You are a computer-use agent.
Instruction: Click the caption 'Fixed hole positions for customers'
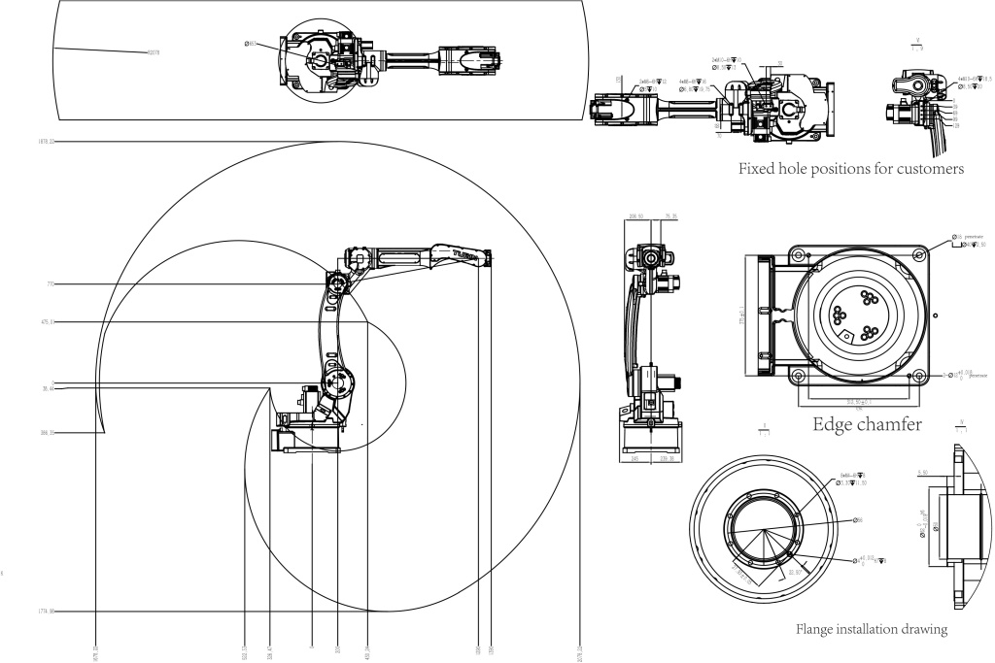point(851,169)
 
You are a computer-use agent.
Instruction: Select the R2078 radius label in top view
point(153,51)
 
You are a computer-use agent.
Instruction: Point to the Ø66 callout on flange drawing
point(859,520)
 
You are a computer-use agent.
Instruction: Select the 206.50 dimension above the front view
point(638,216)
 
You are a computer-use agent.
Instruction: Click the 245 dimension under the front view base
point(635,460)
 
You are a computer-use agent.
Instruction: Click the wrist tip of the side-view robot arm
point(488,257)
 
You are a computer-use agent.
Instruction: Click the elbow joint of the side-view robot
point(337,282)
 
